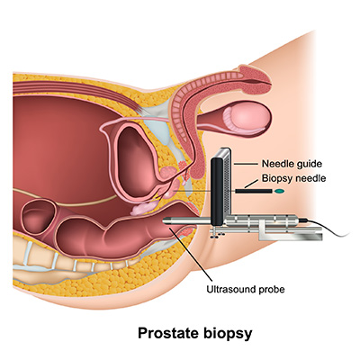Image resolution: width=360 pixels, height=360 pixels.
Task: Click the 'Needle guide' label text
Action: point(292,164)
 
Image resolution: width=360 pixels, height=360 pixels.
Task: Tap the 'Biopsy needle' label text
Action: point(293,178)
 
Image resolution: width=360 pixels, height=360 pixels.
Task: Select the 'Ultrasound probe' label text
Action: point(246,290)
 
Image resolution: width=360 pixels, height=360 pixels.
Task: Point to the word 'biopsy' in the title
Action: point(229,334)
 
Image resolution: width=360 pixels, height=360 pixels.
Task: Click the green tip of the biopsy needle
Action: point(279,191)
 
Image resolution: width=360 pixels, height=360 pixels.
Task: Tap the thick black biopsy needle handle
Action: point(254,191)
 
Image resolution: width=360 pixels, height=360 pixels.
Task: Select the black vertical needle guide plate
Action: point(217,192)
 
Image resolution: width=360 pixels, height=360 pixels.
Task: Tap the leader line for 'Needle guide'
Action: point(246,164)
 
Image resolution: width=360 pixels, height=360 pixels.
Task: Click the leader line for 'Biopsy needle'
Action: point(251,184)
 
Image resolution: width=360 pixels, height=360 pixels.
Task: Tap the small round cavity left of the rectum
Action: point(39,217)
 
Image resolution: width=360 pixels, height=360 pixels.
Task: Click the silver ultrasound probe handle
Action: point(261,221)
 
